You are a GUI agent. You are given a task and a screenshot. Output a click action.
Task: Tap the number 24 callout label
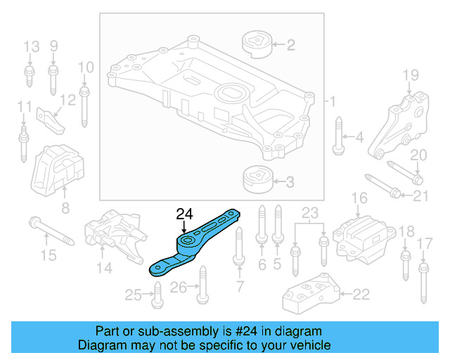184,213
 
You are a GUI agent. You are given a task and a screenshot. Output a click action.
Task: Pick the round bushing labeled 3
257,181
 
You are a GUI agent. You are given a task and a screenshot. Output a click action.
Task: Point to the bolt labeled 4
338,136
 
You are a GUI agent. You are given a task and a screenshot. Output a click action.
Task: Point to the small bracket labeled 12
51,119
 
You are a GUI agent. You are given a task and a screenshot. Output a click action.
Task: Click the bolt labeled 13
30,77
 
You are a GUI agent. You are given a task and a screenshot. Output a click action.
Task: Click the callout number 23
310,212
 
